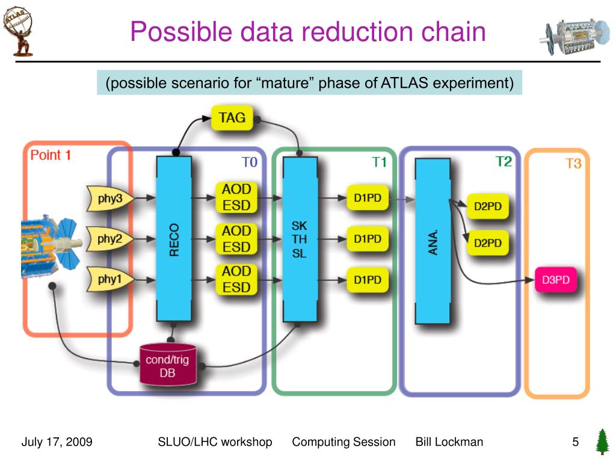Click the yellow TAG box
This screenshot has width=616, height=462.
(232, 117)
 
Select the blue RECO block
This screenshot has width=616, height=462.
(174, 239)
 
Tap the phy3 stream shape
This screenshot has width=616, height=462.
(109, 199)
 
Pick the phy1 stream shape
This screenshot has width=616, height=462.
(109, 279)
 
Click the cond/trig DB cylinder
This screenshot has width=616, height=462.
(168, 365)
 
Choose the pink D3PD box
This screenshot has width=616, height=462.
(555, 280)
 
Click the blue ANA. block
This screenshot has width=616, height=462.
(433, 241)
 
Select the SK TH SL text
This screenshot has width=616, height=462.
(299, 239)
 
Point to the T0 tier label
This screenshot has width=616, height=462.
(249, 162)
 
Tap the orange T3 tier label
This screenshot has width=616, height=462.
(573, 164)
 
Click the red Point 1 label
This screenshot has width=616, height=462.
(51, 155)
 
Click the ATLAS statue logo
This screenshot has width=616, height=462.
(18, 31)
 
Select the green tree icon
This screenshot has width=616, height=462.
(602, 442)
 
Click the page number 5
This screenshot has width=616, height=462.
(576, 442)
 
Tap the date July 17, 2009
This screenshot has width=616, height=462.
(57, 442)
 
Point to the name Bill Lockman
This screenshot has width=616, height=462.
(449, 442)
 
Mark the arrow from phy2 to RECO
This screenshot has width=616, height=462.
(144, 239)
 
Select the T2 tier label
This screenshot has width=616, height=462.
(504, 161)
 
